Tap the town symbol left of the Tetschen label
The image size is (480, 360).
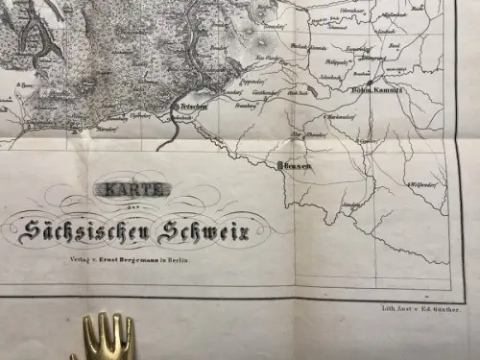coord(179,106)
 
